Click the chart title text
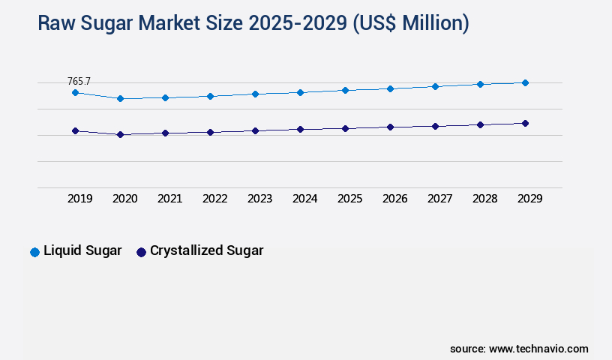253,23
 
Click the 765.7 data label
79,80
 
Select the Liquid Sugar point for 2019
75,92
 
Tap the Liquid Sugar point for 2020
120,98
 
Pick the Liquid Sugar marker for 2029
525,82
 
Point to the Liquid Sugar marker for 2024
300,92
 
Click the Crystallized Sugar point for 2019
75,130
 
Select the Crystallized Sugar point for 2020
120,135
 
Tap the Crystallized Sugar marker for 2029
525,123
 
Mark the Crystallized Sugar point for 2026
390,127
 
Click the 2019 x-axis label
79,199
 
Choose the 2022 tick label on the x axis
214,199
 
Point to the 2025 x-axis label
349,199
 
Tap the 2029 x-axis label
529,199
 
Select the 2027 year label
439,199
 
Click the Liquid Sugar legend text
82,251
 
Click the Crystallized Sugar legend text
206,251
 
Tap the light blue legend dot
34,252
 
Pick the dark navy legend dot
141,252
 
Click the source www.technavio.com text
519,349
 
